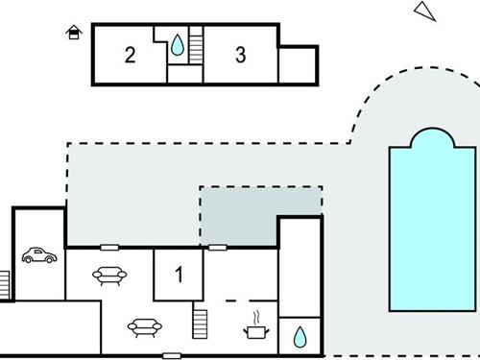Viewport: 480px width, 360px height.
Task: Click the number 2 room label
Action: pyautogui.click(x=130, y=55)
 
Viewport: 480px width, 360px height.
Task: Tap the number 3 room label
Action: pyautogui.click(x=240, y=55)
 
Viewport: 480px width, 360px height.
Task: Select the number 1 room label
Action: pyautogui.click(x=179, y=276)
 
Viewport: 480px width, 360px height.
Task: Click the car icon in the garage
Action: pyautogui.click(x=38, y=255)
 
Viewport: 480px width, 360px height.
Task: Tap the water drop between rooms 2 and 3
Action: pyautogui.click(x=179, y=44)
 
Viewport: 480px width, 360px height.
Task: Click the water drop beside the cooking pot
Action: pyautogui.click(x=300, y=336)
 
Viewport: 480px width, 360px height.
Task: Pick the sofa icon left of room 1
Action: pyautogui.click(x=108, y=276)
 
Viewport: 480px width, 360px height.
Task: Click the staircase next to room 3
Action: pyautogui.click(x=196, y=45)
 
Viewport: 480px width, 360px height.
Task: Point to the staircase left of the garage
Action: pyautogui.click(x=4, y=283)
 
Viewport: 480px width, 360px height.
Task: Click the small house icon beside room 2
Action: pyautogui.click(x=73, y=34)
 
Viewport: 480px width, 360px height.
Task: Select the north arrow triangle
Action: pyautogui.click(x=423, y=11)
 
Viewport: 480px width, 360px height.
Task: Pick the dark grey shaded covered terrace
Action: pyautogui.click(x=259, y=216)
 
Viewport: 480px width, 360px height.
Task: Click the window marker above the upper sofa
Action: pyautogui.click(x=108, y=247)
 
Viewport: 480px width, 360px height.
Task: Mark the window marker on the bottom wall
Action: pyautogui.click(x=172, y=356)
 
